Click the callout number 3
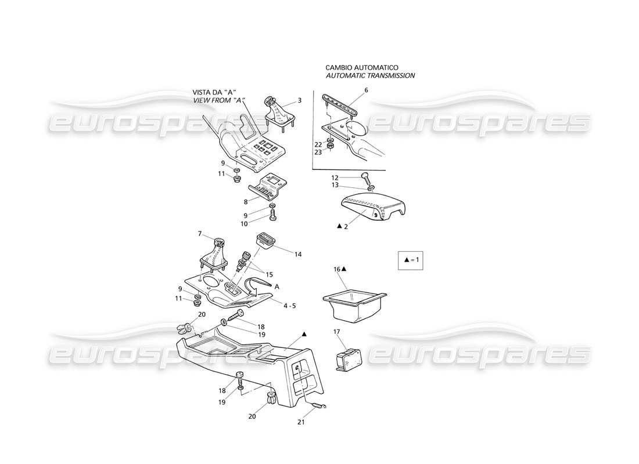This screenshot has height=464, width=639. click(299, 100)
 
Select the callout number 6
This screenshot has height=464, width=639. click(366, 90)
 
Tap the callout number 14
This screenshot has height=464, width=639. click(298, 254)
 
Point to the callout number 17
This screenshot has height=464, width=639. click(336, 332)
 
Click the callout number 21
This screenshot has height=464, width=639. click(300, 422)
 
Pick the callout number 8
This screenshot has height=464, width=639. click(246, 202)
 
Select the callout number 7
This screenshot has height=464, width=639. click(200, 234)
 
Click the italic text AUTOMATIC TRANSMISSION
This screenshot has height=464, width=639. click(370, 76)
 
